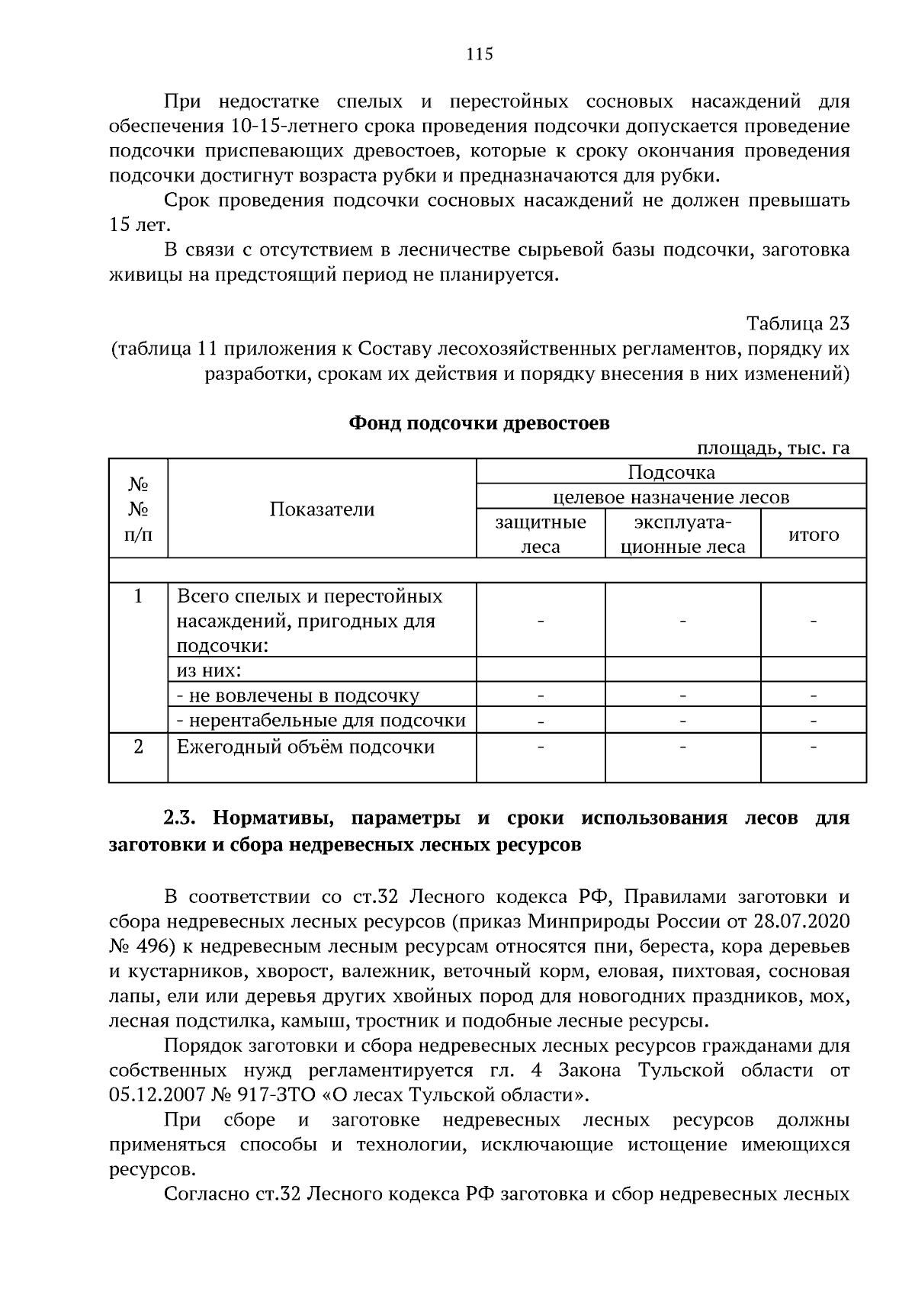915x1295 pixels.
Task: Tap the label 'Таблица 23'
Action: click(798, 323)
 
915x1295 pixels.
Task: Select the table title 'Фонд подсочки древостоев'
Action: click(479, 423)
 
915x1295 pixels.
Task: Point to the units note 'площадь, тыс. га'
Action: click(773, 448)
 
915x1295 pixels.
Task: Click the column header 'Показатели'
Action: click(322, 509)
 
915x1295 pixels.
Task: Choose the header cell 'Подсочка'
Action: click(671, 472)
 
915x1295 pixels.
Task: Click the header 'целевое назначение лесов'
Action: click(671, 497)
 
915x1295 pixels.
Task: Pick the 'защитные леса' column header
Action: click(541, 534)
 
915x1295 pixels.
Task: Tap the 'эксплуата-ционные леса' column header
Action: click(682, 534)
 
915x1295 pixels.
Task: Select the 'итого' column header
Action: click(813, 534)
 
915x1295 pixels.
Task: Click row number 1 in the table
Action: click(138, 596)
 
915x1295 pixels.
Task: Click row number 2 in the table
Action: click(138, 747)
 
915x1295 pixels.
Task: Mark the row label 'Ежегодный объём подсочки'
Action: click(306, 747)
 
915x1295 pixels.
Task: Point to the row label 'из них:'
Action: click(209, 670)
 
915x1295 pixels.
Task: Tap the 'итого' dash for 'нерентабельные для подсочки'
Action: click(813, 720)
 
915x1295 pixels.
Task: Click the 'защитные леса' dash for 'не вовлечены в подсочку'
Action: click(541, 696)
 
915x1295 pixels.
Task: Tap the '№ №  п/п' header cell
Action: click(138, 509)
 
